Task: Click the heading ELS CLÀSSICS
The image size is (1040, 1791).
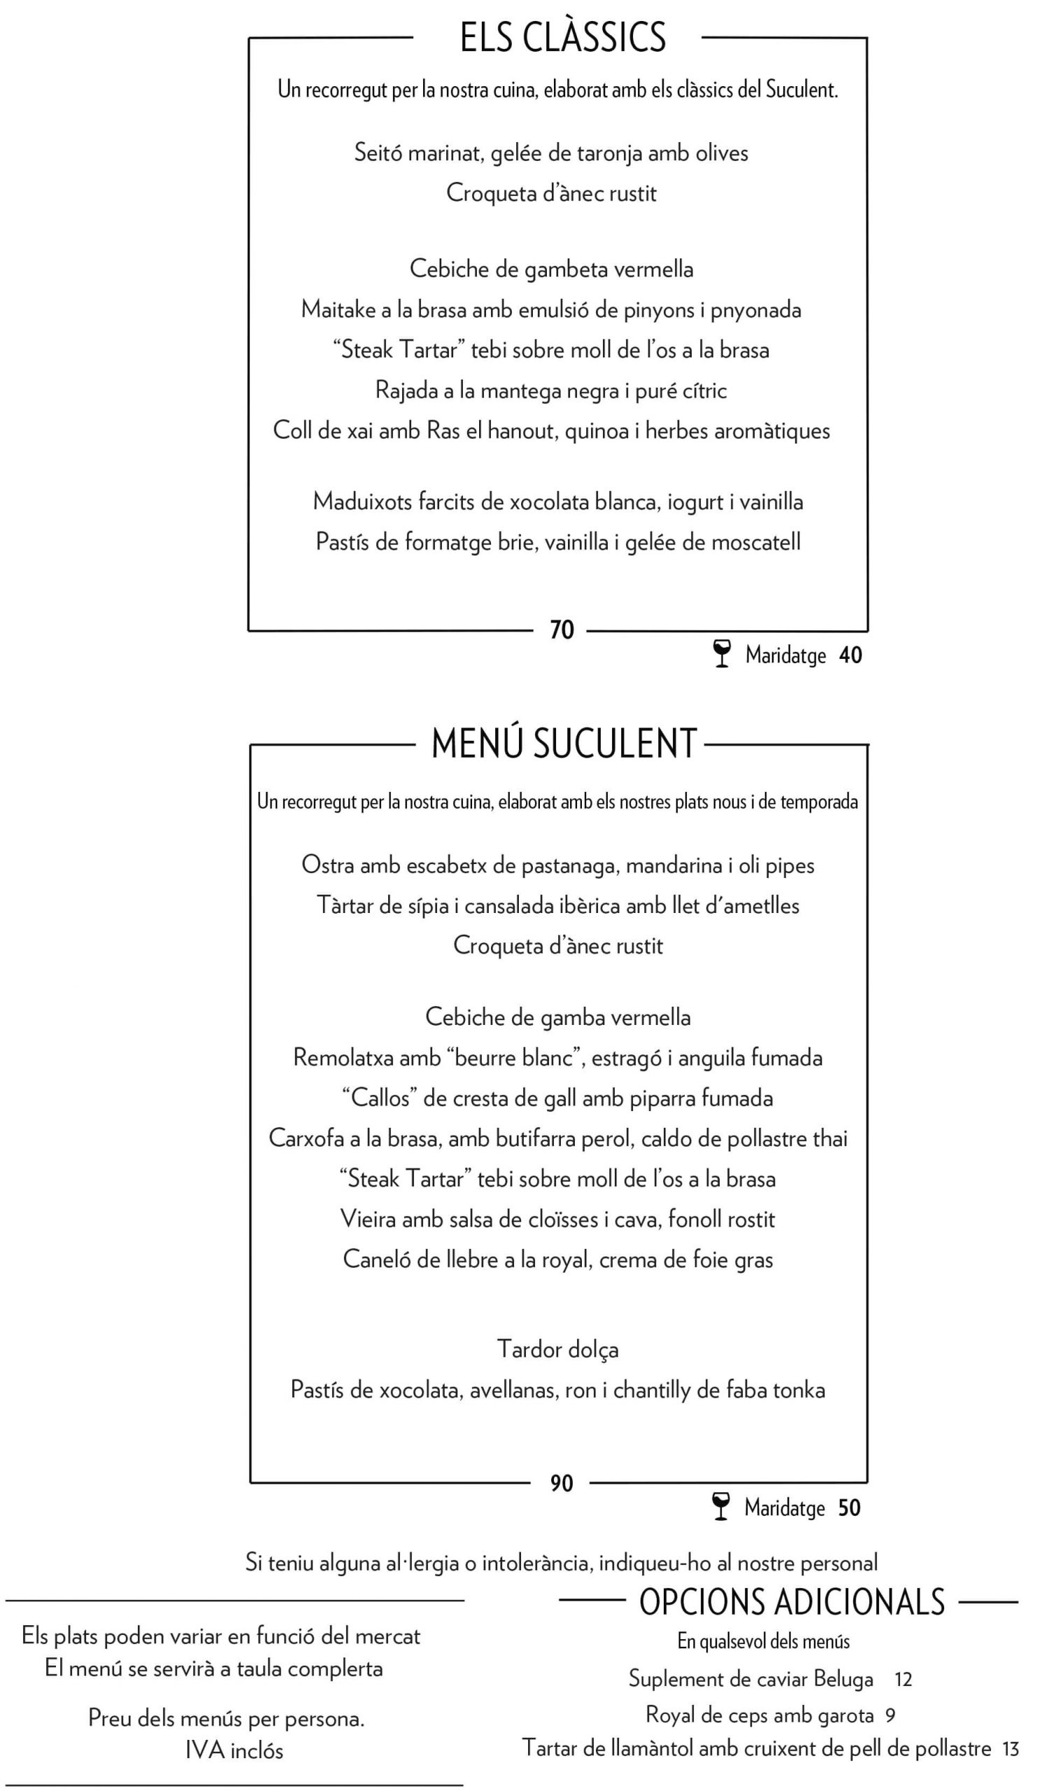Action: pos(562,38)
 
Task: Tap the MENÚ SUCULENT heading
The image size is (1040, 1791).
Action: pos(564,744)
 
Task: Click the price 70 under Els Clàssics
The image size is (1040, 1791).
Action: pos(562,630)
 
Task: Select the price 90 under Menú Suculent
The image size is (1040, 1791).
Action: pos(561,1483)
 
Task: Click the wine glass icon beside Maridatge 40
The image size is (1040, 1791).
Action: pos(722,654)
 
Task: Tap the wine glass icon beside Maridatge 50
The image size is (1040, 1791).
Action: pos(720,1508)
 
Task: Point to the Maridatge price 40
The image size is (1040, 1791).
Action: pos(850,655)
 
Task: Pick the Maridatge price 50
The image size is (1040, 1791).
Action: pos(849,1508)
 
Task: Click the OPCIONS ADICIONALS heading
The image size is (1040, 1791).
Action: pos(792,1603)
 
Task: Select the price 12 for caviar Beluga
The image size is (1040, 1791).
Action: pos(903,1680)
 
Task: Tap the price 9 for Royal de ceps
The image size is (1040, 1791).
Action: pos(890,1715)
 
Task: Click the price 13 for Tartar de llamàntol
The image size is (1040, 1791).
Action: pos(1010,1749)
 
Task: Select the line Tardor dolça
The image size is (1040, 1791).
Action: pos(557,1349)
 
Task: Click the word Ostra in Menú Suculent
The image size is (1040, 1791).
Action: pos(327,865)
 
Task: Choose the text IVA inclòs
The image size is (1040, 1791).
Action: pos(234,1750)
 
